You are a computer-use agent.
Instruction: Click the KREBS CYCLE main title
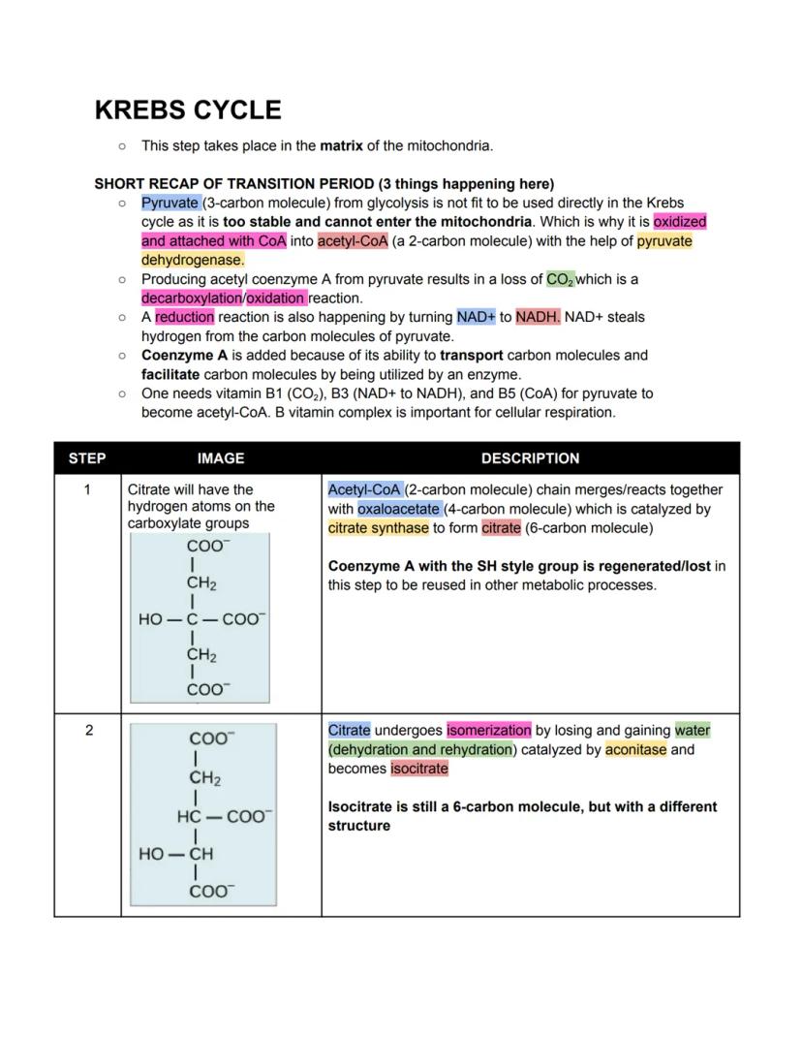tap(188, 110)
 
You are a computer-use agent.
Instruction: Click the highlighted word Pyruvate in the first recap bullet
tap(170, 203)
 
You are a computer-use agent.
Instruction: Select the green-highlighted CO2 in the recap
tap(560, 279)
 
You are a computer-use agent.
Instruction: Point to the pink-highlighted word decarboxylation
tap(191, 298)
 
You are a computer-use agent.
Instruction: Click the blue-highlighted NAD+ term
tap(476, 317)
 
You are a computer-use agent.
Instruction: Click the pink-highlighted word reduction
tap(184, 317)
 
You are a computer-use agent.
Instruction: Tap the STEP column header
tap(87, 458)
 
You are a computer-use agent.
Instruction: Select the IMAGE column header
tap(221, 458)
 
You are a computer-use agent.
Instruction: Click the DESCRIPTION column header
tap(530, 458)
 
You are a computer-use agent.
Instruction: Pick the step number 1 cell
tap(87, 490)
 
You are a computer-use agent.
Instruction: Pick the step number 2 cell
tap(88, 731)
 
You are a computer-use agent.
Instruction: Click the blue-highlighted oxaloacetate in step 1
tap(399, 509)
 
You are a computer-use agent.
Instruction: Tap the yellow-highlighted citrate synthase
tap(378, 528)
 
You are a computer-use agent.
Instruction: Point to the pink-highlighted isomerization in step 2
tap(488, 731)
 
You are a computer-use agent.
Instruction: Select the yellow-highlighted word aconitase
tap(635, 749)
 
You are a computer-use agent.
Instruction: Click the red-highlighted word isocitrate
tap(419, 769)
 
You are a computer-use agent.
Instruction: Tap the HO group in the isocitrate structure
tap(151, 854)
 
